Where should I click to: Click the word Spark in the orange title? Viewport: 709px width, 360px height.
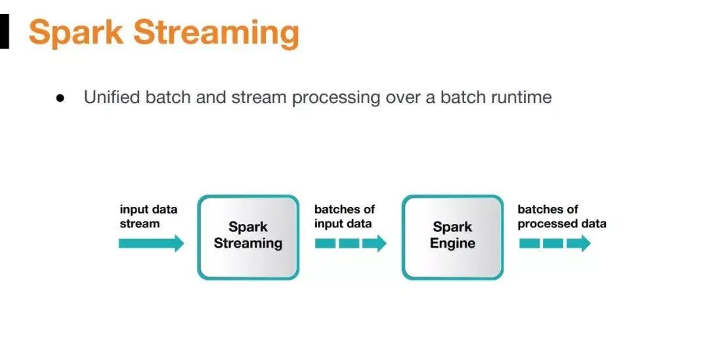(x=75, y=32)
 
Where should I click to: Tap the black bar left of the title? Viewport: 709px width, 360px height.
(x=5, y=32)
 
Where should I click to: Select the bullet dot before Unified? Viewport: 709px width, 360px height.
(x=60, y=98)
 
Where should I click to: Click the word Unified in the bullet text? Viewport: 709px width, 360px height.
(x=112, y=98)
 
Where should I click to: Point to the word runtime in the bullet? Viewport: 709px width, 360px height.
(x=521, y=98)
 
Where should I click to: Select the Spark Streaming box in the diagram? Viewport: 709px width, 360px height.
(x=248, y=236)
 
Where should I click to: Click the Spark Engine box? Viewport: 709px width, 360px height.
(x=452, y=236)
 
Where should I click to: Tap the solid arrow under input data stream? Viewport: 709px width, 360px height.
(x=151, y=244)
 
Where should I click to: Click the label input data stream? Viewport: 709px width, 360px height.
(x=148, y=216)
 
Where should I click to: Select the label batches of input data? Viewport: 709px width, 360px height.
(x=344, y=216)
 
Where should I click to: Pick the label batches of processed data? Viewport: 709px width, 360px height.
(x=561, y=216)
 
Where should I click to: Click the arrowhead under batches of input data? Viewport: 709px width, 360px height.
(x=376, y=244)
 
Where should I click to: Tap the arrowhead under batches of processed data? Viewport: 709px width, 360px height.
(x=579, y=244)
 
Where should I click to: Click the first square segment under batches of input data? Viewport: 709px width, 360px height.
(x=326, y=244)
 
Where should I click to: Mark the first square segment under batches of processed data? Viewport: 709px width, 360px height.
(x=529, y=244)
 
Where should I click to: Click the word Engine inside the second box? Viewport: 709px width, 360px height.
(x=452, y=244)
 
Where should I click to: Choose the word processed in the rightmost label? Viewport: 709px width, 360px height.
(x=548, y=223)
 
